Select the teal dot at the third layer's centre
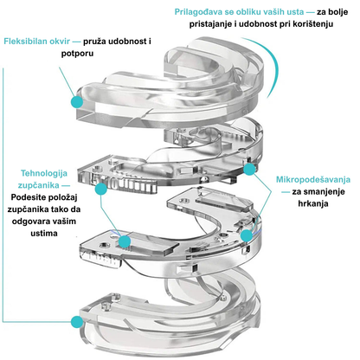pos(126,241)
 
